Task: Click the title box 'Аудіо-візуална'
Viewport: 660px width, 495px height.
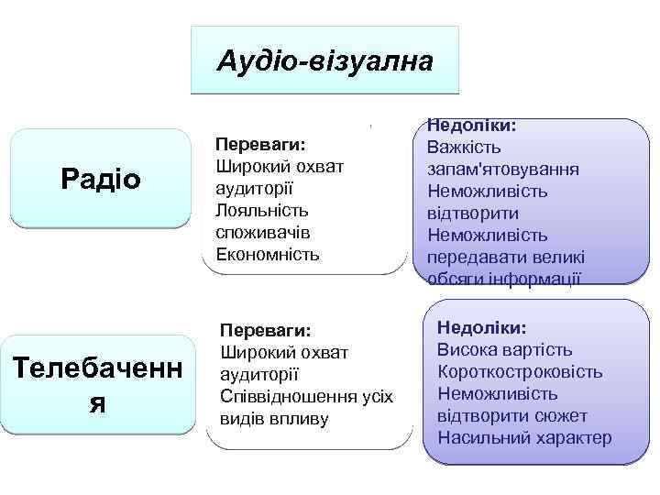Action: coord(324,60)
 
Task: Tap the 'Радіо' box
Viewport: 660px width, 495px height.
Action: coord(101,178)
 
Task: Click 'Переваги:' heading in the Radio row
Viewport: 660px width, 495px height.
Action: coord(259,144)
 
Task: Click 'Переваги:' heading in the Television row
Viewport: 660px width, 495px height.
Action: coord(266,329)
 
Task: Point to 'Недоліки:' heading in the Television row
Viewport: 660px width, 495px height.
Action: coord(482,327)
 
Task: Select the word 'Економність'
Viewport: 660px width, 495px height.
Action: coord(267,254)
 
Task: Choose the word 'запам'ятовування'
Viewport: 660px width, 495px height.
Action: coord(500,170)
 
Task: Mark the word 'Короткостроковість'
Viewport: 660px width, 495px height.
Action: coord(520,371)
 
